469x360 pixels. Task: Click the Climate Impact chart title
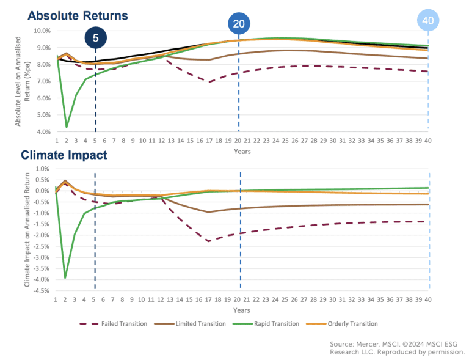point(64,155)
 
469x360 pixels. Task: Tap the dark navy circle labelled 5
point(95,38)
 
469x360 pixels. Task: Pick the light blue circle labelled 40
point(428,20)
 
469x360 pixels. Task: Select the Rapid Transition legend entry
point(264,324)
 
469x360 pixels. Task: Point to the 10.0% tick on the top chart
point(42,31)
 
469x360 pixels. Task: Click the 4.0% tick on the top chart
point(43,131)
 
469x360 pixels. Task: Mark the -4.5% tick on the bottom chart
point(41,291)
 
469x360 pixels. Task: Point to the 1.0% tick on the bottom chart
point(43,169)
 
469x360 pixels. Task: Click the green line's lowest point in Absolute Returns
point(66,127)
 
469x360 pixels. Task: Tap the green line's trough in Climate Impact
point(65,278)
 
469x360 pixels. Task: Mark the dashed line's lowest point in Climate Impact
point(209,241)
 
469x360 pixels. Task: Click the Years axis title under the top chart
point(241,151)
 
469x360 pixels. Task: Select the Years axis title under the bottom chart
point(241,310)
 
